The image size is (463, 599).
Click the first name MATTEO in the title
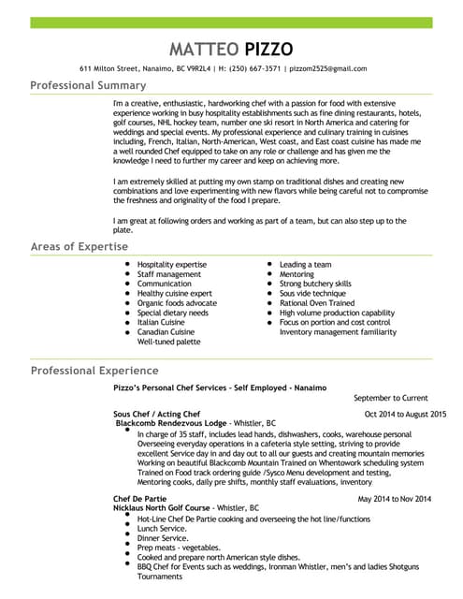pos(199,49)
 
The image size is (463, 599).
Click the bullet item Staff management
pos(168,274)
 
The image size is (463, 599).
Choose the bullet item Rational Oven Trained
pos(317,302)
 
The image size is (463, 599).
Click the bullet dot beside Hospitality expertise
pos(126,265)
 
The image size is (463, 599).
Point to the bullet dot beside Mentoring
pos(268,274)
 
